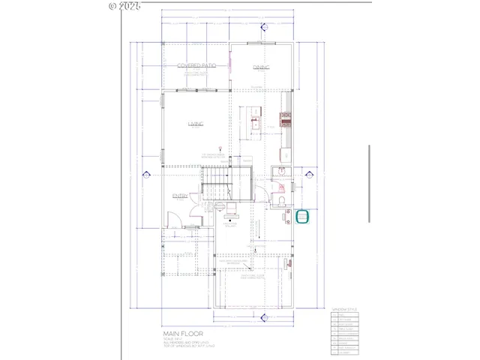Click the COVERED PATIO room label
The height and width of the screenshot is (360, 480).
196,66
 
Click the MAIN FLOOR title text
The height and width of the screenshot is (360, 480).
183,333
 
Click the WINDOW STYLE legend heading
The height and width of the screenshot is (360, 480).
344,308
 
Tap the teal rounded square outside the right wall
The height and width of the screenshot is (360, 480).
303,217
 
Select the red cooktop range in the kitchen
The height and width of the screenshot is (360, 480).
285,117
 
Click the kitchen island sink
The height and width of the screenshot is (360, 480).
254,121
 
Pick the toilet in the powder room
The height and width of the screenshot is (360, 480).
278,202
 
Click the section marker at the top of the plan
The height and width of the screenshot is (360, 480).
264,28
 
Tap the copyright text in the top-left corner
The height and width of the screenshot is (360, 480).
124,5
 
